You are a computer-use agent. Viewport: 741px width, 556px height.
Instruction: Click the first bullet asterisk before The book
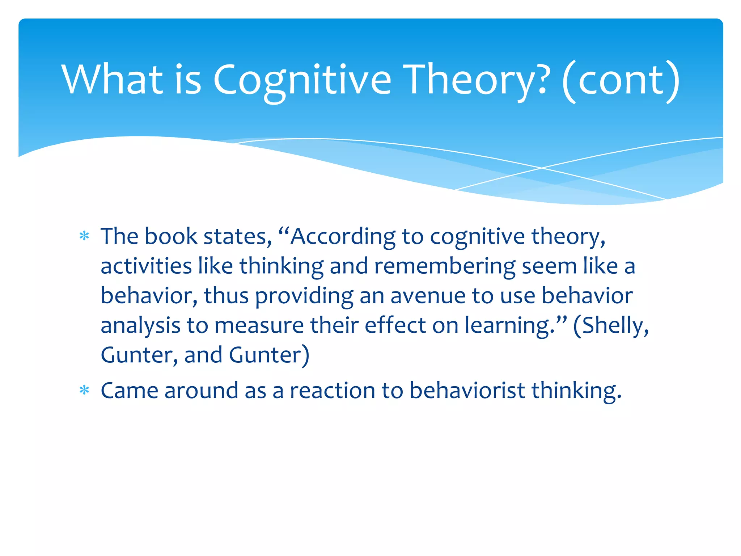[84, 236]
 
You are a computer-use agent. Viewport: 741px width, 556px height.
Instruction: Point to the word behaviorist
[467, 391]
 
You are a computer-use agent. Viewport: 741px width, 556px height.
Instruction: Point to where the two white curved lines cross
[542, 168]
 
